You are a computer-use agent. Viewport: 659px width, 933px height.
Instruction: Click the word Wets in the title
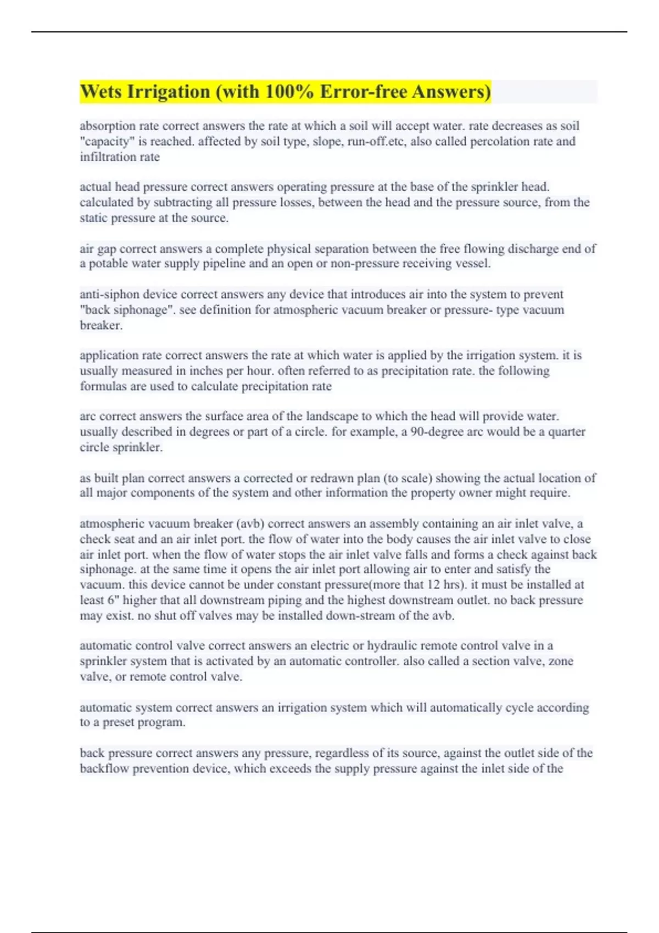coord(101,92)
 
